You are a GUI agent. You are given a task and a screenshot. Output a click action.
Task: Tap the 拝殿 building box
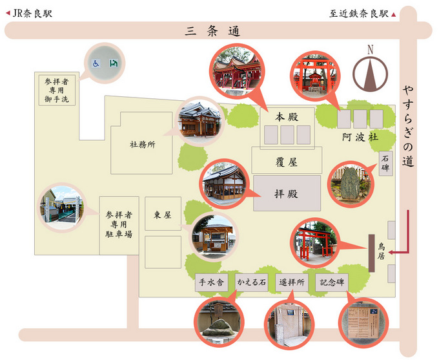click(287, 193)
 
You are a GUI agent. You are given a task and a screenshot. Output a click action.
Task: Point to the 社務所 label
click(143, 145)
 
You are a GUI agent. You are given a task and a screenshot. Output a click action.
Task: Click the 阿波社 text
click(360, 138)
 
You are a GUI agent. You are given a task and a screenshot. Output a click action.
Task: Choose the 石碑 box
click(385, 164)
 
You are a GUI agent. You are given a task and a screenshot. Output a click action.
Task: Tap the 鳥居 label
click(382, 251)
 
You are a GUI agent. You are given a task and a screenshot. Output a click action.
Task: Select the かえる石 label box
click(252, 282)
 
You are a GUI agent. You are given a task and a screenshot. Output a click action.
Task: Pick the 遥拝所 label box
click(291, 282)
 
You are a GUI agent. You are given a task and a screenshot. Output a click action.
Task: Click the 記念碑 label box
click(332, 282)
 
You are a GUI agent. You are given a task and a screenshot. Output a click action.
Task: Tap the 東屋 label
click(161, 215)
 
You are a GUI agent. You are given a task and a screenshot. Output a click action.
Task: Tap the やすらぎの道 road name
click(407, 125)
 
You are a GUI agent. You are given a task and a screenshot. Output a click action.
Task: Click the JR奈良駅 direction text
click(30, 12)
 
